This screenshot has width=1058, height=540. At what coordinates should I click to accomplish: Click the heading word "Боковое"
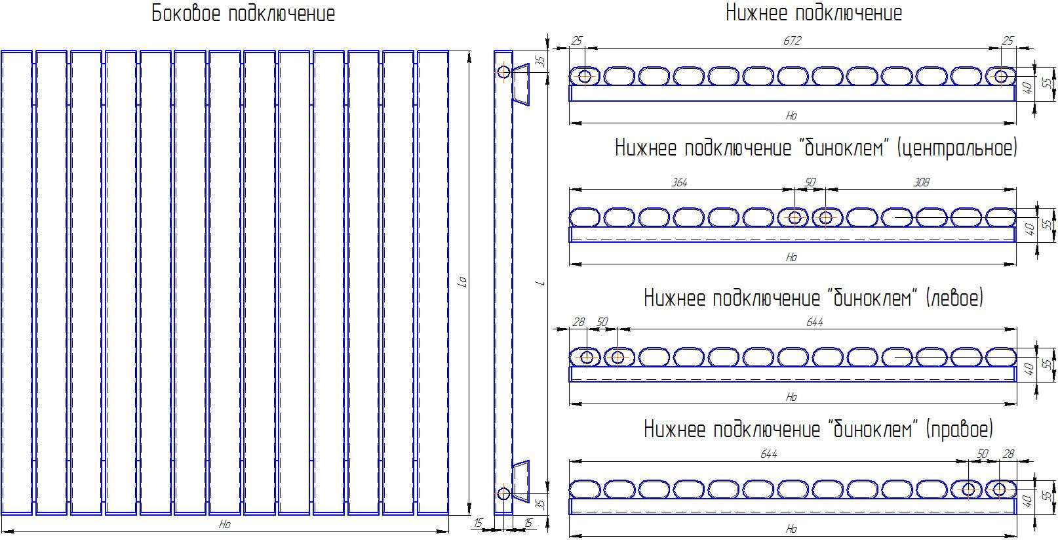pos(186,14)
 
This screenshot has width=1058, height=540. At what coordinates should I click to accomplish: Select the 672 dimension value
pos(792,41)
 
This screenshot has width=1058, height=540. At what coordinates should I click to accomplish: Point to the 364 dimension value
pos(679,182)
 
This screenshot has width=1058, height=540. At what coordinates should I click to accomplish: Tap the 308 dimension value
pos(921,182)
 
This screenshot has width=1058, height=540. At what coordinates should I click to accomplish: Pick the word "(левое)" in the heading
pos(954,299)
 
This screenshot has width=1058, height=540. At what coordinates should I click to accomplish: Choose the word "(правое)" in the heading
pos(959,430)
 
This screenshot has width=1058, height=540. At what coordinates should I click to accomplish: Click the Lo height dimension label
pos(463,282)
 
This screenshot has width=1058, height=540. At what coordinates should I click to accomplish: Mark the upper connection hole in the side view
pos(503,72)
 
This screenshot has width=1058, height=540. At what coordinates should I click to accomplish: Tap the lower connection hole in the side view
pos(503,493)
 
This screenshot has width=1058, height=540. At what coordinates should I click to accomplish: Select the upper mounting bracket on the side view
pos(521,84)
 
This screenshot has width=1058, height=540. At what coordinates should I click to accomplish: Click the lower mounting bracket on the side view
pos(521,482)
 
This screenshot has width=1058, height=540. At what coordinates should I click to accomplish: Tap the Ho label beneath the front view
pos(225,524)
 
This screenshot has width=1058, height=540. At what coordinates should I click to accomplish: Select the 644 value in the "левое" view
pos(815,322)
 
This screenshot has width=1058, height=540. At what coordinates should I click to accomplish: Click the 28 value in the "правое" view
pos(1008,455)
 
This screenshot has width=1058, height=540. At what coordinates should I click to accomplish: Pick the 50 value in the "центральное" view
pos(810,182)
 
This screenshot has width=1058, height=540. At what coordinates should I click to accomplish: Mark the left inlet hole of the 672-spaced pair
pos(585,76)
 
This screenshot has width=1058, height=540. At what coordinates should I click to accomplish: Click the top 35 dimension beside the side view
pos(541,61)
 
